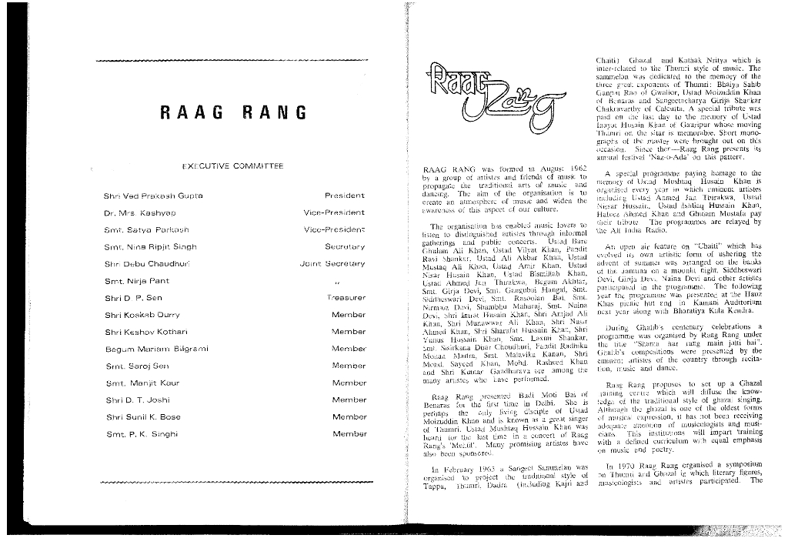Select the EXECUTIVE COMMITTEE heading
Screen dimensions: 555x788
[233, 165]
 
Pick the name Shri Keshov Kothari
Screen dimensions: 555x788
[142, 332]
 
